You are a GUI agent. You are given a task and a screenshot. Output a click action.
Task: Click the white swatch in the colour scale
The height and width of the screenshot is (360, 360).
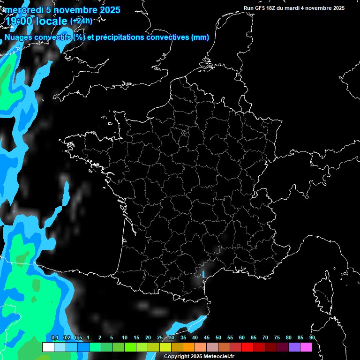(x=48, y=347)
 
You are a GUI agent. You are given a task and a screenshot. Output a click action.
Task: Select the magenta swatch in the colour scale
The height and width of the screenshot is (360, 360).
(x=306, y=347)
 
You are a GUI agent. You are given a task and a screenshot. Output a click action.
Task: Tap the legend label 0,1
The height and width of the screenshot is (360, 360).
(x=55, y=338)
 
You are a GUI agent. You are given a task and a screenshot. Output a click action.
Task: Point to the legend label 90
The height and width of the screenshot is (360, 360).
(x=312, y=338)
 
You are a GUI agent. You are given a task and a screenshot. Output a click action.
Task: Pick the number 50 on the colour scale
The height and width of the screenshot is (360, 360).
(x=218, y=338)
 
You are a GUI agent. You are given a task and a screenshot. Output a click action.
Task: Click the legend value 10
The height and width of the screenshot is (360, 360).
(x=125, y=338)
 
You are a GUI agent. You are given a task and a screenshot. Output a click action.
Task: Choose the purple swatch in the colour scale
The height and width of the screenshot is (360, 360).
(x=294, y=347)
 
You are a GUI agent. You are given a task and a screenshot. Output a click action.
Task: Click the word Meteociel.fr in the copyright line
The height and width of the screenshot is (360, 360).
(x=219, y=357)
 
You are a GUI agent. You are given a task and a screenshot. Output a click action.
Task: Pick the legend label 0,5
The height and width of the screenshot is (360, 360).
(x=78, y=338)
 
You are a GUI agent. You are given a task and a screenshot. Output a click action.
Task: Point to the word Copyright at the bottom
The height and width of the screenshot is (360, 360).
(x=177, y=357)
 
